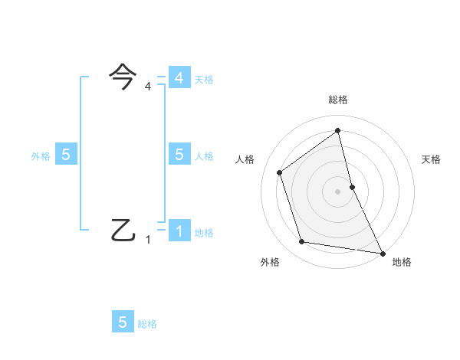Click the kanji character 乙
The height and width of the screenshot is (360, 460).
click(123, 229)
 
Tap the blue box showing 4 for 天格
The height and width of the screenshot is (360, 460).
click(179, 78)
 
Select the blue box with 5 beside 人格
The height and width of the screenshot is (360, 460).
click(179, 154)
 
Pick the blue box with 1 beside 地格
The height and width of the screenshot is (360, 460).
click(179, 231)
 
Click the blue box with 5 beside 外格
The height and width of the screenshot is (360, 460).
click(66, 155)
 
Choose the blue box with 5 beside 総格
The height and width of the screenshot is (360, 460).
click(123, 322)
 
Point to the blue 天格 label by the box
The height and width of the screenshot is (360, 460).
click(204, 80)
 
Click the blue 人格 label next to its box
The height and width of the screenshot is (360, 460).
click(204, 156)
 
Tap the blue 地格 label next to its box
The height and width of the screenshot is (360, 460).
click(204, 233)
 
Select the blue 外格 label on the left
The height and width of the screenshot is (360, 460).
click(41, 156)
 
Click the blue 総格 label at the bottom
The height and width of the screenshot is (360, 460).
click(147, 325)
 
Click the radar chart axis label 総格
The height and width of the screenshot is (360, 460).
click(337, 100)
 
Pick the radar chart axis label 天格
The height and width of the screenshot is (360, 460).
click(431, 159)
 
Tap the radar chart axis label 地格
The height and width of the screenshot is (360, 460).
click(402, 262)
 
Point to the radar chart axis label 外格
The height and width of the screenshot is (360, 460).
click(270, 262)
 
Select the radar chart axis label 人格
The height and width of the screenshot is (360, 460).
click(245, 159)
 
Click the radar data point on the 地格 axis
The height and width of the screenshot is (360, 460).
click(382, 252)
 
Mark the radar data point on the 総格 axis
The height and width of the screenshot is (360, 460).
click(337, 130)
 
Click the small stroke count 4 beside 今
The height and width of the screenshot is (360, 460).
click(148, 87)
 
